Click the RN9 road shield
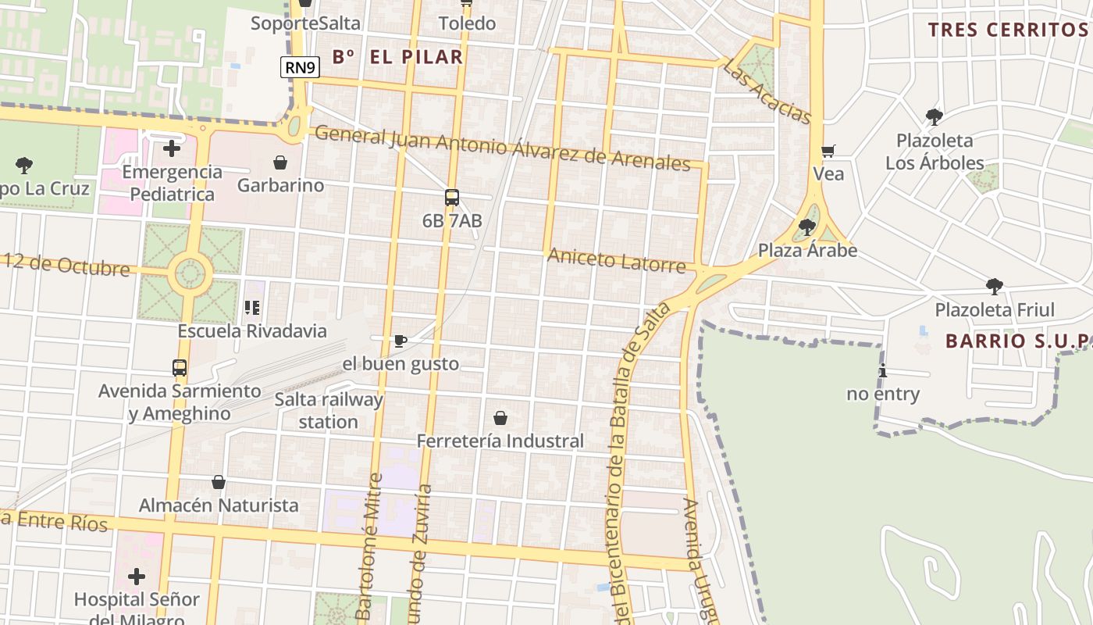pyautogui.click(x=300, y=67)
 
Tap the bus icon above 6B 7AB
pyautogui.click(x=452, y=198)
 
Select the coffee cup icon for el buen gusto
pyautogui.click(x=401, y=341)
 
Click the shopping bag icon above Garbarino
pyautogui.click(x=280, y=162)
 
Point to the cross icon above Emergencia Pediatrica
pyautogui.click(x=172, y=148)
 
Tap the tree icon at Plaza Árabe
pyautogui.click(x=807, y=227)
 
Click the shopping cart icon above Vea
pyautogui.click(x=828, y=151)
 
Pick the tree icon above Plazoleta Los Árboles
pyautogui.click(x=934, y=117)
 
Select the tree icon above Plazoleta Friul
pyautogui.click(x=995, y=286)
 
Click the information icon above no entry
pyautogui.click(x=883, y=370)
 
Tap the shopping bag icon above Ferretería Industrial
pyautogui.click(x=500, y=418)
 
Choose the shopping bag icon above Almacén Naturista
pyautogui.click(x=219, y=482)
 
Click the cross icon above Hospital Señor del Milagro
pyautogui.click(x=137, y=577)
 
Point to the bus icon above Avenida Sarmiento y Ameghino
pyautogui.click(x=180, y=367)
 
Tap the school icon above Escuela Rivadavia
pyautogui.click(x=252, y=308)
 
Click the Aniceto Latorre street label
pyautogui.click(x=616, y=260)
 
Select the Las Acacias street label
pyautogui.click(x=767, y=91)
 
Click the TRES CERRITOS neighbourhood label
pyautogui.click(x=1007, y=30)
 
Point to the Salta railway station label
pyautogui.click(x=329, y=411)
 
